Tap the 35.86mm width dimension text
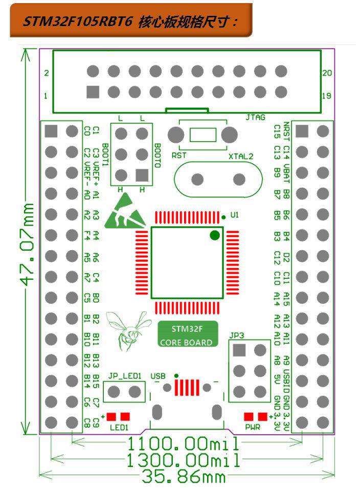183,477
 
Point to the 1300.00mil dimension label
183,460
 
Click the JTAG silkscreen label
256,117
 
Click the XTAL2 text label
241,157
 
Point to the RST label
179,154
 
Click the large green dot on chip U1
215,235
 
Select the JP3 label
237,336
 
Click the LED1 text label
119,427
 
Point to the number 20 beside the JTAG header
327,73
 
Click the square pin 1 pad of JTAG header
93,92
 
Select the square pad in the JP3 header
239,350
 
